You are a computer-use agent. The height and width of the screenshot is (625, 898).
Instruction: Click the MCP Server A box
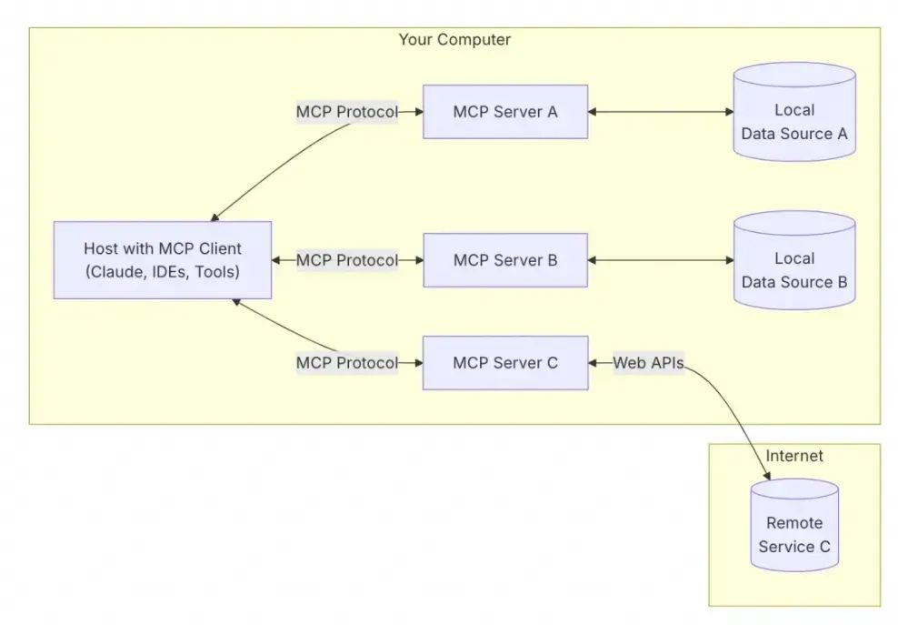[x=504, y=112]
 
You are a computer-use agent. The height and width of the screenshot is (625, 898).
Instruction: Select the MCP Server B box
[x=504, y=260]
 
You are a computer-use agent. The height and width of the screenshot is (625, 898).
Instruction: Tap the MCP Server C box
[x=504, y=363]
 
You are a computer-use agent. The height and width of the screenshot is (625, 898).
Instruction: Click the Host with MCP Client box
[x=162, y=259]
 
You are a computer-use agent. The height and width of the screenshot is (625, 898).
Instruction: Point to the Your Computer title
[x=454, y=40]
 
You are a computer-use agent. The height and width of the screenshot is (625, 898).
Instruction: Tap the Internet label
[x=794, y=456]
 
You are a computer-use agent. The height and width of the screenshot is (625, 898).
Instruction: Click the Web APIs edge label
[x=648, y=363]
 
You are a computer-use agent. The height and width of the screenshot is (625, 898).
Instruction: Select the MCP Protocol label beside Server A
[x=346, y=112]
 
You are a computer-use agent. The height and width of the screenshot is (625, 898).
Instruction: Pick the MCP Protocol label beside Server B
[x=346, y=260]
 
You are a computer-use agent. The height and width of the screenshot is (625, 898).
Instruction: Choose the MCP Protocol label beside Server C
[x=346, y=363]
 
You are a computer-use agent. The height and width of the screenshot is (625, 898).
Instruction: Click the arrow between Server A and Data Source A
[x=660, y=112]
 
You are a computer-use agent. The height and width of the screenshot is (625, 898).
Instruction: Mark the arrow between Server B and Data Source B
[x=660, y=260]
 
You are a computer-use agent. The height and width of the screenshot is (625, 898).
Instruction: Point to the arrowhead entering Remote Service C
[x=769, y=477]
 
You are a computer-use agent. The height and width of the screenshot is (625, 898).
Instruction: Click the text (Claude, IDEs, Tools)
[x=162, y=271]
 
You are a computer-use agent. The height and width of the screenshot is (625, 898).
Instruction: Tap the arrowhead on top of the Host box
[x=215, y=217]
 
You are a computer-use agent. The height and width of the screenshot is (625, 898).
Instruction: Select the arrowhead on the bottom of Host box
[x=234, y=302]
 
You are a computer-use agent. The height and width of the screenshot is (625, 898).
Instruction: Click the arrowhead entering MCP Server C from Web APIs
[x=594, y=363]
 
